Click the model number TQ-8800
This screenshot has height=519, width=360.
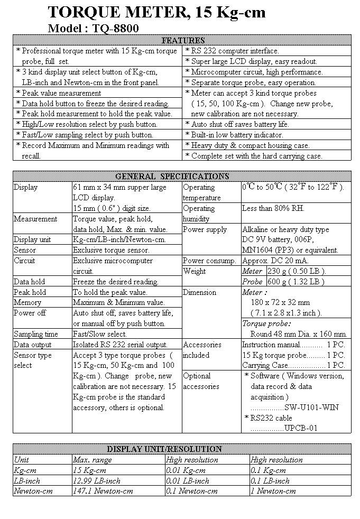click(x=115, y=29)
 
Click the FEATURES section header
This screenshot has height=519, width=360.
click(x=182, y=41)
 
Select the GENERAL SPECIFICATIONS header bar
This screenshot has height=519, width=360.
click(x=182, y=177)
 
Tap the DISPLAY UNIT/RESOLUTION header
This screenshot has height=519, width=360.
click(x=182, y=449)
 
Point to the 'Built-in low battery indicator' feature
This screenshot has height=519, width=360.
click(x=240, y=135)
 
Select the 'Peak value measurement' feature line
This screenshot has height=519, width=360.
click(x=58, y=93)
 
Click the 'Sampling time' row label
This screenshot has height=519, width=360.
click(x=36, y=334)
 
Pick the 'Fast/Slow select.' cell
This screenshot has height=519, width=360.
click(x=100, y=334)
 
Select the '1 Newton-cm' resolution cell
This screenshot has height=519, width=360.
click(x=273, y=491)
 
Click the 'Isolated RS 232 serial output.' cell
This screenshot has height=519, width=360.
click(x=120, y=345)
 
